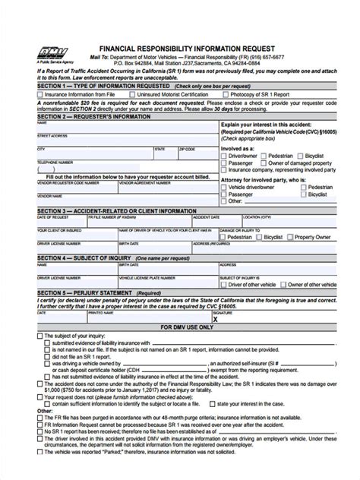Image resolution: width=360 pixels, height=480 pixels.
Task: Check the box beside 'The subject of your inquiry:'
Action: point(39,336)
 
